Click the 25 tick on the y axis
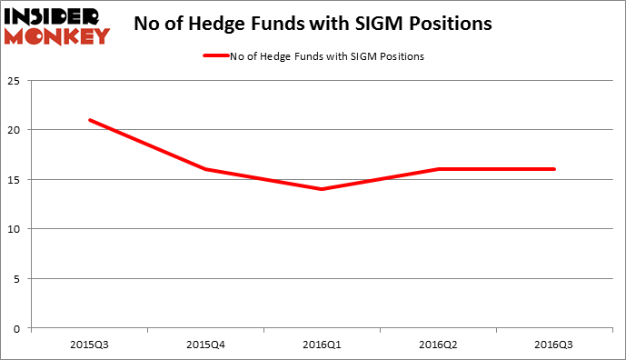coord(16,81)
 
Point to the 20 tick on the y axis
coord(16,130)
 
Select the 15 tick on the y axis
coord(16,179)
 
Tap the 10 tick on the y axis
coord(16,229)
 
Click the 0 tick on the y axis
coord(19,327)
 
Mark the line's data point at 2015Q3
coord(90,120)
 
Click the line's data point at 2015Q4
coord(205,169)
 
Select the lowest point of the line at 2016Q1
coord(322,189)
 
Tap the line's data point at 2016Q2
coord(438,169)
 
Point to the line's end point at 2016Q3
coord(554,169)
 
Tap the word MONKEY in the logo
coord(57,35)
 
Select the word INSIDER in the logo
coord(57,15)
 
